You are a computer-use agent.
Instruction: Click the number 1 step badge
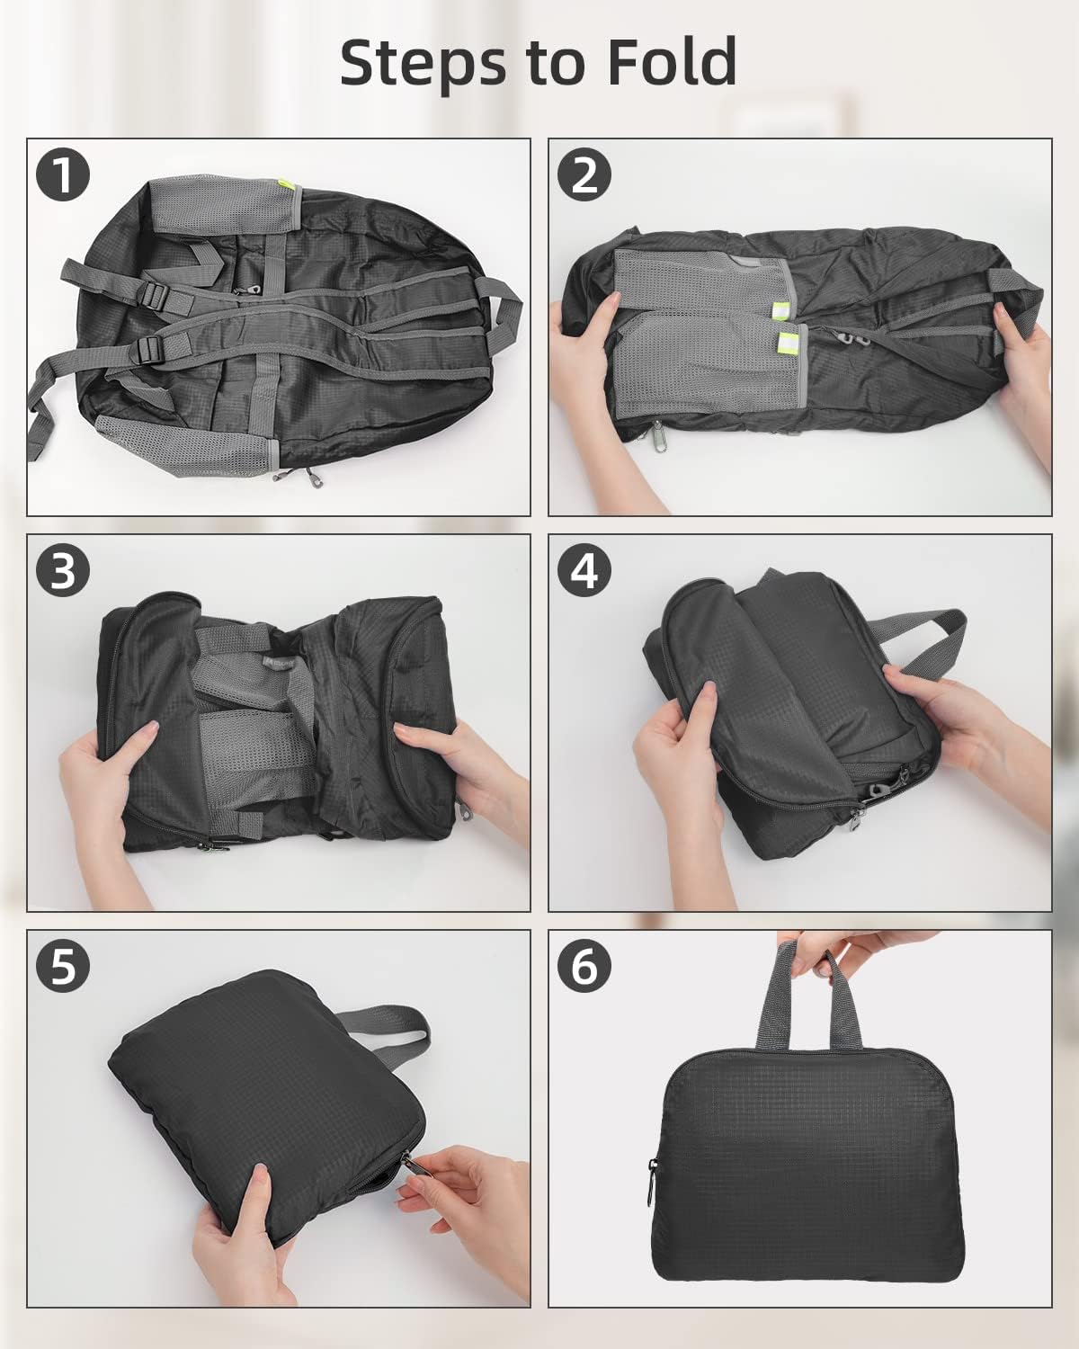click(x=63, y=174)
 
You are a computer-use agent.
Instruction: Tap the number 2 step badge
click(x=584, y=174)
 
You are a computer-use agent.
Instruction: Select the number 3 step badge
click(x=63, y=570)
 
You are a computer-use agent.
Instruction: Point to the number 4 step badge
click(x=584, y=570)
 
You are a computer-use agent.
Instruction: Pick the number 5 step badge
click(x=63, y=966)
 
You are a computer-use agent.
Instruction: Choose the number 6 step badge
click(x=584, y=966)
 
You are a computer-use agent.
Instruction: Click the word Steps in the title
click(x=423, y=64)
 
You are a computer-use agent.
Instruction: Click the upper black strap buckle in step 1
click(x=155, y=295)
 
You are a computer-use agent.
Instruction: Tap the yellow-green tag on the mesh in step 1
click(x=285, y=185)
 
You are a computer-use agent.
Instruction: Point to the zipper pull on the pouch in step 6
click(x=653, y=1183)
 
